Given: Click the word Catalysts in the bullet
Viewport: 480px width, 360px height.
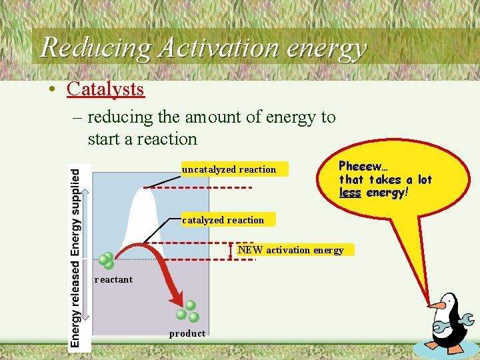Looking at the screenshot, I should coord(105,88).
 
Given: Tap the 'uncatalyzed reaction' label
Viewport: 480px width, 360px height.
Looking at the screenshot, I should coord(229,169).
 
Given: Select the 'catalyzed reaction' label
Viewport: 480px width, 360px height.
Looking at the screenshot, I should coord(223,220).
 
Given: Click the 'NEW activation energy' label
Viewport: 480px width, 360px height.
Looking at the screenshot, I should coord(291,250).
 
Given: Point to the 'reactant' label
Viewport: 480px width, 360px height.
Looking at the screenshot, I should coord(113,279).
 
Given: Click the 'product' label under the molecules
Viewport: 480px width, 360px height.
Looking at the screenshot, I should coord(187,333).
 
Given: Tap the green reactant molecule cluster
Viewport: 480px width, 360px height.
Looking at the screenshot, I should coord(106,261).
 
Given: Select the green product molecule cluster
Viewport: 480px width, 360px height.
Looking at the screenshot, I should coord(187,311).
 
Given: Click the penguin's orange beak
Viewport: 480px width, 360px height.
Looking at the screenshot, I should coord(437,306).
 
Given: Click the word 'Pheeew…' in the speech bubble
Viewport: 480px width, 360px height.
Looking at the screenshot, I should coord(363,165).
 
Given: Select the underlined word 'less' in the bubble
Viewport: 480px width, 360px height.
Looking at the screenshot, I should coord(350,193).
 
